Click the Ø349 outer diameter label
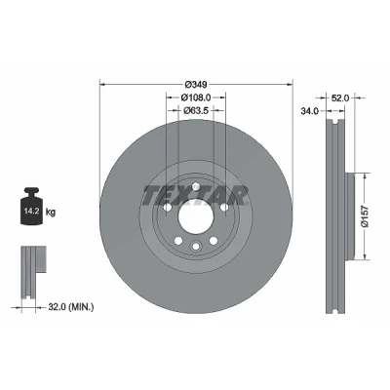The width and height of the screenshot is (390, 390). point(196,85)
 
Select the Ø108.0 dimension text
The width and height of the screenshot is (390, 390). point(196,97)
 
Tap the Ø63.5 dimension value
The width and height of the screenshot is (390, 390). point(196,111)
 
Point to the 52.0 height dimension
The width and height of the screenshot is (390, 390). point(340,97)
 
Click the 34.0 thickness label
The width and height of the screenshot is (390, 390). point(309,111)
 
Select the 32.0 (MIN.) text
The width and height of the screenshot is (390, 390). point(71,306)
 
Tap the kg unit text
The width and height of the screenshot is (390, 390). point(51,213)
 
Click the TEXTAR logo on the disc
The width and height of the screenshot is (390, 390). point(195,196)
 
